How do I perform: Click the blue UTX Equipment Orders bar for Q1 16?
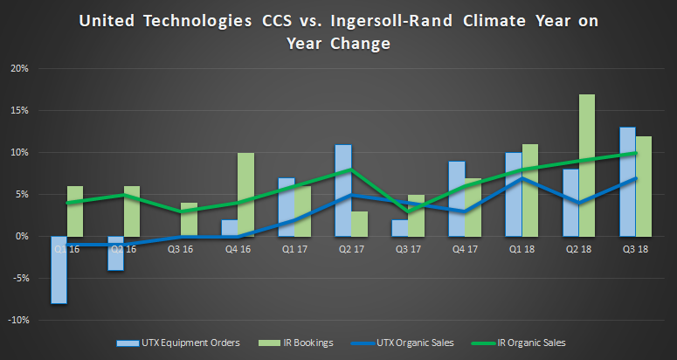tap(59, 269)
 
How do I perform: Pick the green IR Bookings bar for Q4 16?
tap(245, 194)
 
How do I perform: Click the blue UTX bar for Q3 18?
tap(627, 182)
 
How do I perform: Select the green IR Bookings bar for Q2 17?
tap(358, 224)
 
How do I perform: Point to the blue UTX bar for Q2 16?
tap(115, 253)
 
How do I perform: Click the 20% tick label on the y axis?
tap(19, 69)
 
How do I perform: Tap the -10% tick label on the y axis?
tap(17, 320)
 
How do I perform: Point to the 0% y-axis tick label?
tap(22, 237)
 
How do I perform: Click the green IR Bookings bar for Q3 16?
tap(189, 219)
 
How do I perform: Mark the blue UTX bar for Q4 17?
tap(456, 198)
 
